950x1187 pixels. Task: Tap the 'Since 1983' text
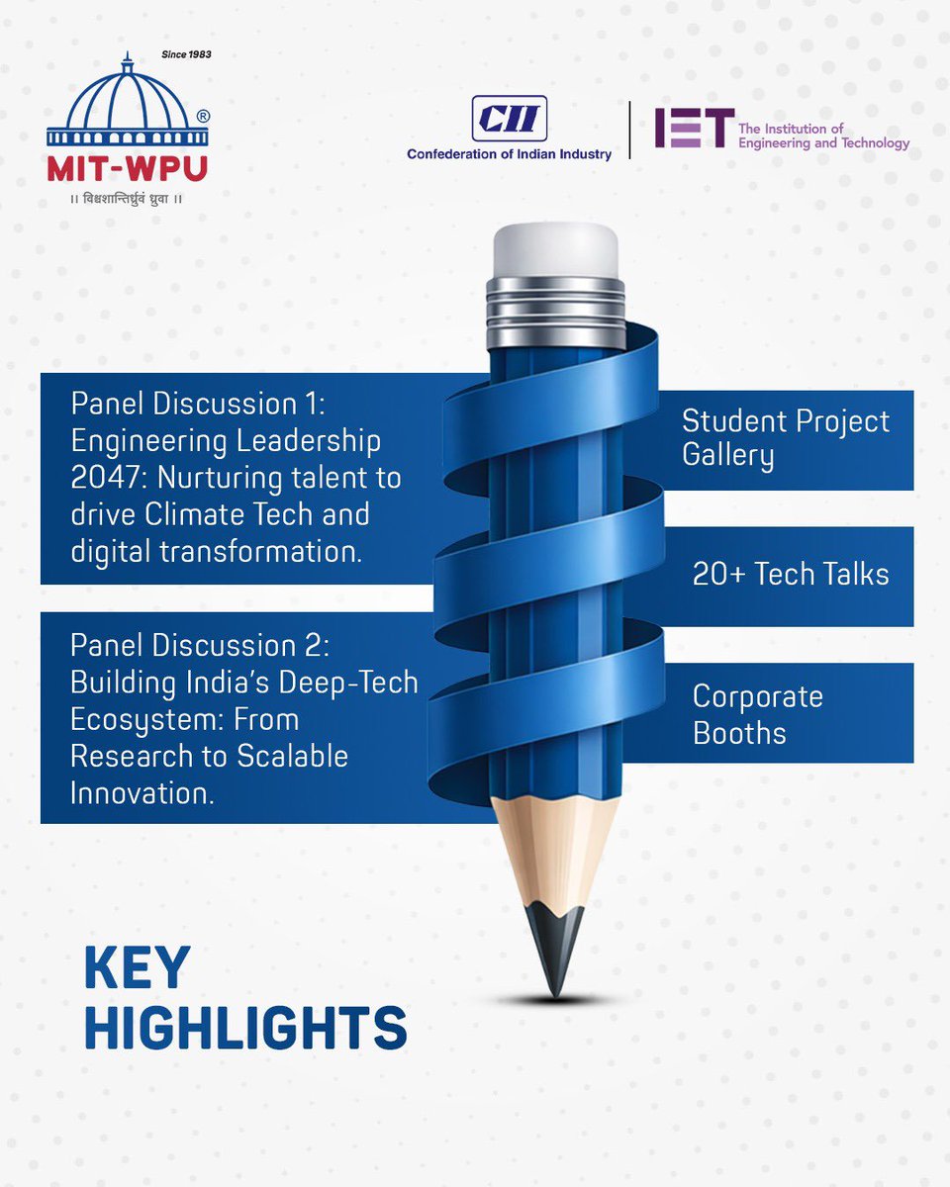point(185,53)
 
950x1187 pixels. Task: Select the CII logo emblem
point(509,120)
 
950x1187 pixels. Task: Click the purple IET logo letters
point(694,129)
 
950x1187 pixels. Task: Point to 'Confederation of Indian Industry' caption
point(509,154)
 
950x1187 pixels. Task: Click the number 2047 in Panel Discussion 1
point(108,477)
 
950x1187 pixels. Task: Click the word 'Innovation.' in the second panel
point(142,792)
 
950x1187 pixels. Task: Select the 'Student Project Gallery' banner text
point(785,438)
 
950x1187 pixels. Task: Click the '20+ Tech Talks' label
point(790,575)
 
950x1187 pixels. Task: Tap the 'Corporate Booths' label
point(757,714)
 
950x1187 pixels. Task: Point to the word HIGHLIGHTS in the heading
point(245,1028)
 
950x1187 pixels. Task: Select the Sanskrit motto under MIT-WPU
point(127,199)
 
